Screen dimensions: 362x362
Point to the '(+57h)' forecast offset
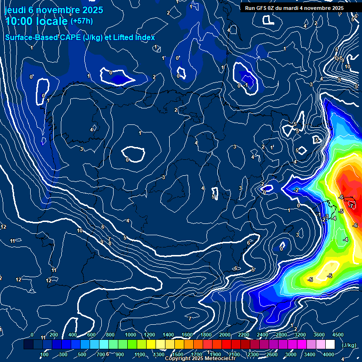click(82, 21)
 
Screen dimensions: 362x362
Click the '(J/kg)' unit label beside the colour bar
click(349, 345)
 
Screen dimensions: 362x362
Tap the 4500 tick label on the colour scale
click(338, 335)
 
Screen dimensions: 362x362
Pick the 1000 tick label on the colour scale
click(131, 335)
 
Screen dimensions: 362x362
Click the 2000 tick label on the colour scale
click(225, 335)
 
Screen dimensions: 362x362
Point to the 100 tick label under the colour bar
click(45, 354)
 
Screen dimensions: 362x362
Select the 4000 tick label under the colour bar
click(329, 354)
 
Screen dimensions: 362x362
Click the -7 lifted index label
click(351, 206)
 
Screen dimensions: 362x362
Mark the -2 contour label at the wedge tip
click(296, 189)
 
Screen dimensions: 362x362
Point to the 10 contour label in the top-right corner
click(348, 66)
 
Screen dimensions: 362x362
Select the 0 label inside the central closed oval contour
click(127, 160)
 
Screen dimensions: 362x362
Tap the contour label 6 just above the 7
click(102, 227)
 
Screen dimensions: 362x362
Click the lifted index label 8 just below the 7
click(110, 244)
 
